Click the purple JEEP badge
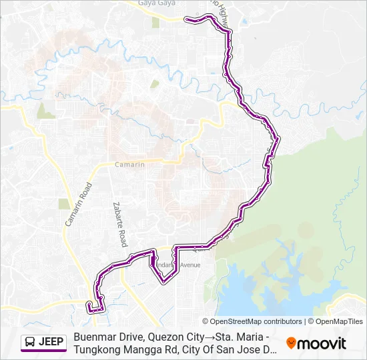pos(43,343)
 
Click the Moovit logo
pos(316,343)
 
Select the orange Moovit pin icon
pos(291,343)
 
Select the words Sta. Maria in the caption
pos(235,337)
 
